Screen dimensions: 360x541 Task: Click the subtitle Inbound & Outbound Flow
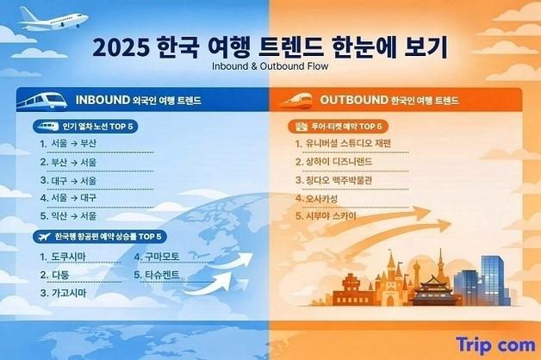coord(270,65)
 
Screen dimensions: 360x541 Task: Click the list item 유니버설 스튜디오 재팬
coord(342,143)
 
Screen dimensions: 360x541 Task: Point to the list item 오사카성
coord(319,198)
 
